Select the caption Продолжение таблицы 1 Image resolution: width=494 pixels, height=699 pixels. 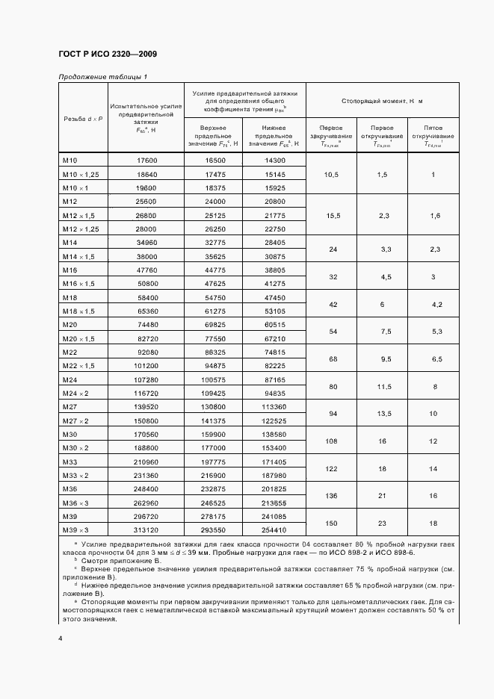pos(103,77)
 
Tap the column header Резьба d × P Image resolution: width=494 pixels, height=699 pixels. pos(82,119)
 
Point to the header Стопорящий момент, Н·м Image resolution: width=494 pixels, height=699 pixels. pos(382,100)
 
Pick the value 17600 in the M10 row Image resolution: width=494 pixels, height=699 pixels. pos(147,161)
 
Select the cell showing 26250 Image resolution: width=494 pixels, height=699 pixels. pos(216,229)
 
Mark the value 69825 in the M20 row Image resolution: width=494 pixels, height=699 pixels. pos(216,325)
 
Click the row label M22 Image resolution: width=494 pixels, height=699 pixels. pos(71,352)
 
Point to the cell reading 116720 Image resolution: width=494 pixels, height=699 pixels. pos(147,393)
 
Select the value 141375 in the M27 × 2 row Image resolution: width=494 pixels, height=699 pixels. pos(216,420)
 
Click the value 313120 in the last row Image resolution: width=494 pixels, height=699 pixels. pos(147,529)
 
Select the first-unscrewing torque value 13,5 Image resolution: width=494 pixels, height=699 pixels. pos(386,413)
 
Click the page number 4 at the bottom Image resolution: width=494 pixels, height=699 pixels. pos(61,639)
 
